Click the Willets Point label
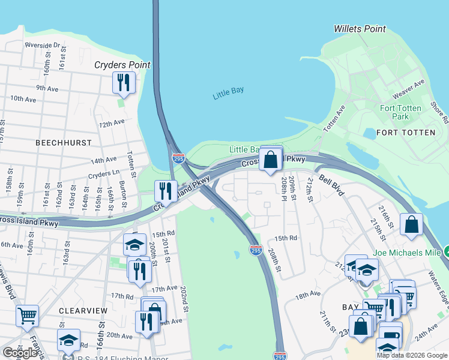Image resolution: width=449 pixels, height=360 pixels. point(360,29)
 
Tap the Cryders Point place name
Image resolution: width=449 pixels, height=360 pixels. point(122,65)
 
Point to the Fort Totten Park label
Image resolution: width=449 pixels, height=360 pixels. point(401,112)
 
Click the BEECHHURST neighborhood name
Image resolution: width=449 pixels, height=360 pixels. point(64,143)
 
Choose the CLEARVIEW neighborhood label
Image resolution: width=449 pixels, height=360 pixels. point(83,310)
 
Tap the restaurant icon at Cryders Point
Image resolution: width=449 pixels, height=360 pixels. point(124,83)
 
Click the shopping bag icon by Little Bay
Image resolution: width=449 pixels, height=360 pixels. point(271,160)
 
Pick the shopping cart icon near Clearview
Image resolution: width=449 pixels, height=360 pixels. point(28,316)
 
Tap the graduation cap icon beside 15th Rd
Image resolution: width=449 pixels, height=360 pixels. point(134,244)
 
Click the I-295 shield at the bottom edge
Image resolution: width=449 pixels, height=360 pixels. point(280,356)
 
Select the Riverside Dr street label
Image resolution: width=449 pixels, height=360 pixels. point(43,45)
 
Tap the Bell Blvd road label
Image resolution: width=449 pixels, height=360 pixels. point(331,185)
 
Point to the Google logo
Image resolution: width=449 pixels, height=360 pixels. point(20,353)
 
